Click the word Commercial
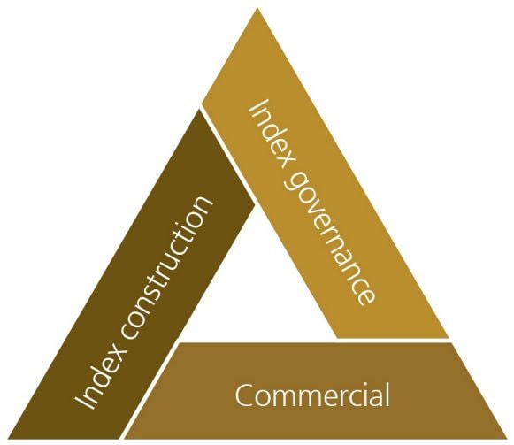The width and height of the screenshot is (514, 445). point(312,395)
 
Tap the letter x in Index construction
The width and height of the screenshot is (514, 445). point(117,353)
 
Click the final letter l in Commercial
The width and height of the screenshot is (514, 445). point(387,395)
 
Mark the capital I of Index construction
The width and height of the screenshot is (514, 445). point(85,401)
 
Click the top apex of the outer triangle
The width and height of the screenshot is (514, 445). point(257,8)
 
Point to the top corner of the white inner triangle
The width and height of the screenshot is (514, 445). point(256,206)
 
